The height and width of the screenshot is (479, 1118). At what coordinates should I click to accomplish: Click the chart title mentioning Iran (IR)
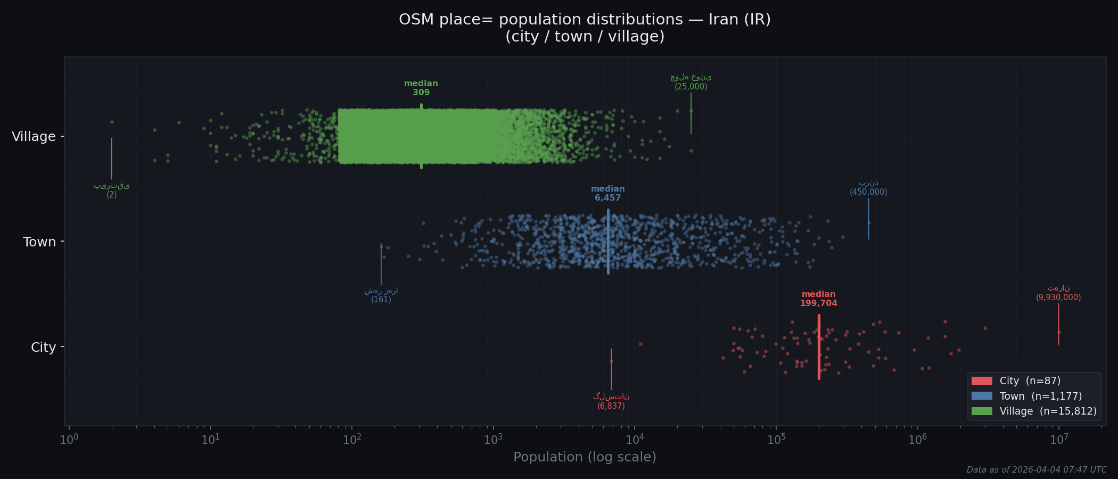tap(585, 28)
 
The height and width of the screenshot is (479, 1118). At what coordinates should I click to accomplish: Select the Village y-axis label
tap(34, 137)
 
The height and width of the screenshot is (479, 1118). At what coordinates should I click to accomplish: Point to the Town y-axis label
tap(39, 242)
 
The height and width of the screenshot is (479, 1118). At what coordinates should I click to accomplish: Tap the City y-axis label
tap(43, 348)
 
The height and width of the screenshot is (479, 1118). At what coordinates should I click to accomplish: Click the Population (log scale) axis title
tap(585, 457)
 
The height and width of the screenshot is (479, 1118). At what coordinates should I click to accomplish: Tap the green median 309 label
tap(421, 88)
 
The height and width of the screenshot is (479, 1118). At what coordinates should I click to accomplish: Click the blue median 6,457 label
tap(607, 193)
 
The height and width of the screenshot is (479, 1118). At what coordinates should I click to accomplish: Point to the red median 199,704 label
tap(818, 299)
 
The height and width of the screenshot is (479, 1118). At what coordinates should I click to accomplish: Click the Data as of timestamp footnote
tap(1036, 470)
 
